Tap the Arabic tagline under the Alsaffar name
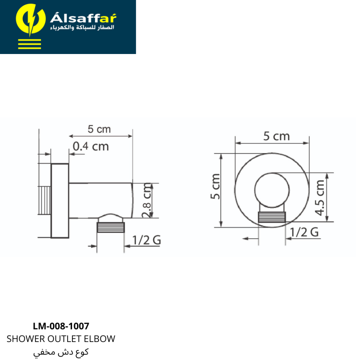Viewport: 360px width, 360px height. coord(82,27)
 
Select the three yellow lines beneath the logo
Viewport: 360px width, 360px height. coord(30,44)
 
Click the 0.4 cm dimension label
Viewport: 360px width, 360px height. coord(91,147)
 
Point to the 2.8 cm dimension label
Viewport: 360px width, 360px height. coord(147,200)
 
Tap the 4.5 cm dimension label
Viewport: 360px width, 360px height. coord(320,198)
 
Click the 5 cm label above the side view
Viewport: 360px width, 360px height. coord(99,129)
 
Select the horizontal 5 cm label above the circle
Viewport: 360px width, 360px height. coord(276,136)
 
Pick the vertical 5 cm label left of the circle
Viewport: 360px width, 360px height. coord(215,186)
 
